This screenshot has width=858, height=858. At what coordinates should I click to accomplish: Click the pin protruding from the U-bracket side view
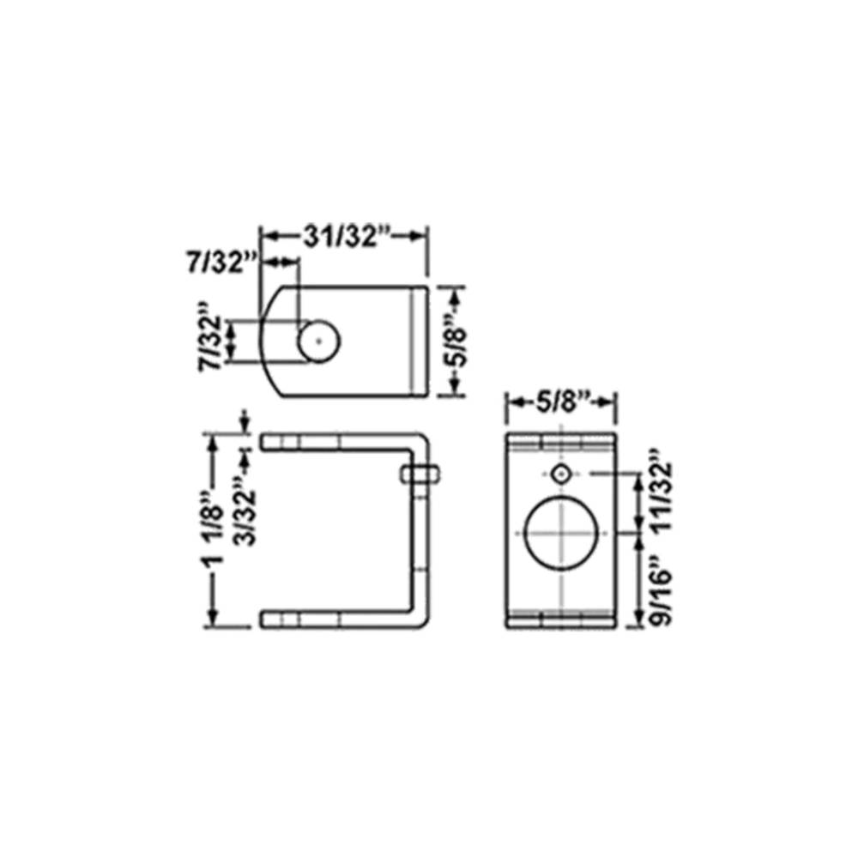420,474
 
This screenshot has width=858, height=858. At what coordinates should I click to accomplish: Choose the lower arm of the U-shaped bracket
335,619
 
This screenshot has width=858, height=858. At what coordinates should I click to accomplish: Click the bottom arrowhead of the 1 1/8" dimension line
213,621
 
